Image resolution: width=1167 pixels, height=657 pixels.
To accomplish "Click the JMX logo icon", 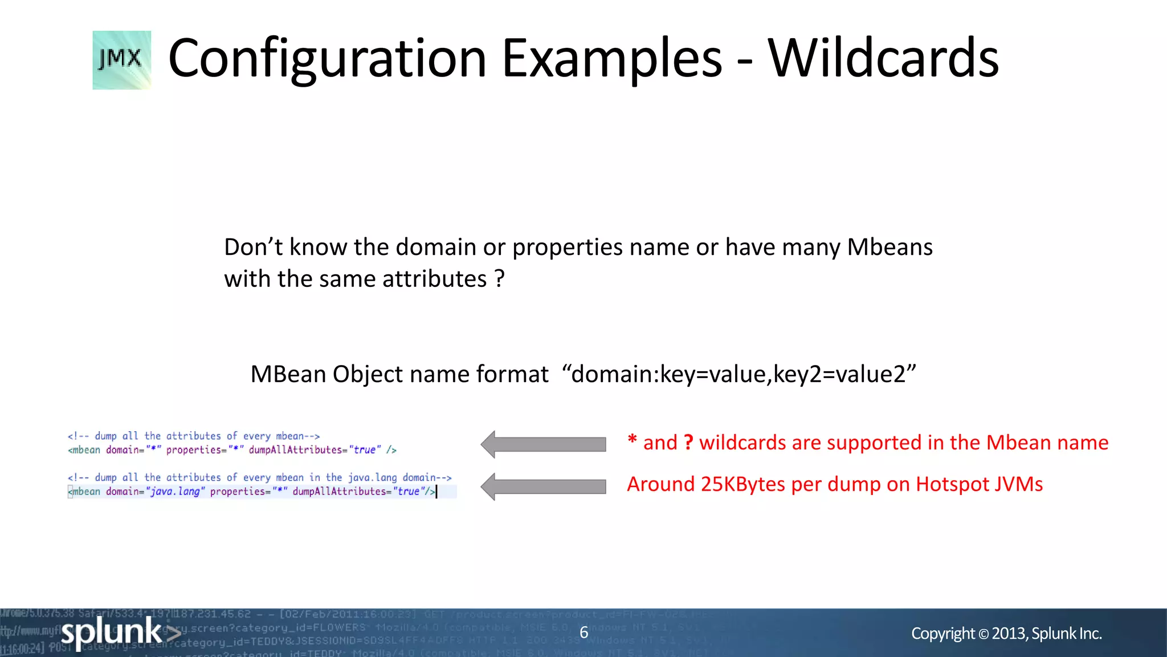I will (121, 60).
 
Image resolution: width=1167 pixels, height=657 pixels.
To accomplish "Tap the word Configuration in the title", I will (327, 58).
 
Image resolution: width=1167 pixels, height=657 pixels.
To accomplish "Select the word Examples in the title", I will (612, 58).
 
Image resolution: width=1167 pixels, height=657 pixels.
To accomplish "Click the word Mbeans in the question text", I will (889, 247).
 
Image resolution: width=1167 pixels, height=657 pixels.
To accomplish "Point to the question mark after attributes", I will (500, 279).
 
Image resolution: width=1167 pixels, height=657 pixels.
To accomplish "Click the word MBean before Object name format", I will (288, 374).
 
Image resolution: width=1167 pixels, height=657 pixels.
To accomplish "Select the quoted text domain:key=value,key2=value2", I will (738, 374).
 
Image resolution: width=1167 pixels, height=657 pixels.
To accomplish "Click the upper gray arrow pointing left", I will (543, 444).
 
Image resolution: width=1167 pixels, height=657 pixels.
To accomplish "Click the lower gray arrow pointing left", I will (543, 486).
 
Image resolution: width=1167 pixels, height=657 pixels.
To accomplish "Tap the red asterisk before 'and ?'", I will (632, 441).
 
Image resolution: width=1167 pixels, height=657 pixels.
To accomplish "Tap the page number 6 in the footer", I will (583, 632).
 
